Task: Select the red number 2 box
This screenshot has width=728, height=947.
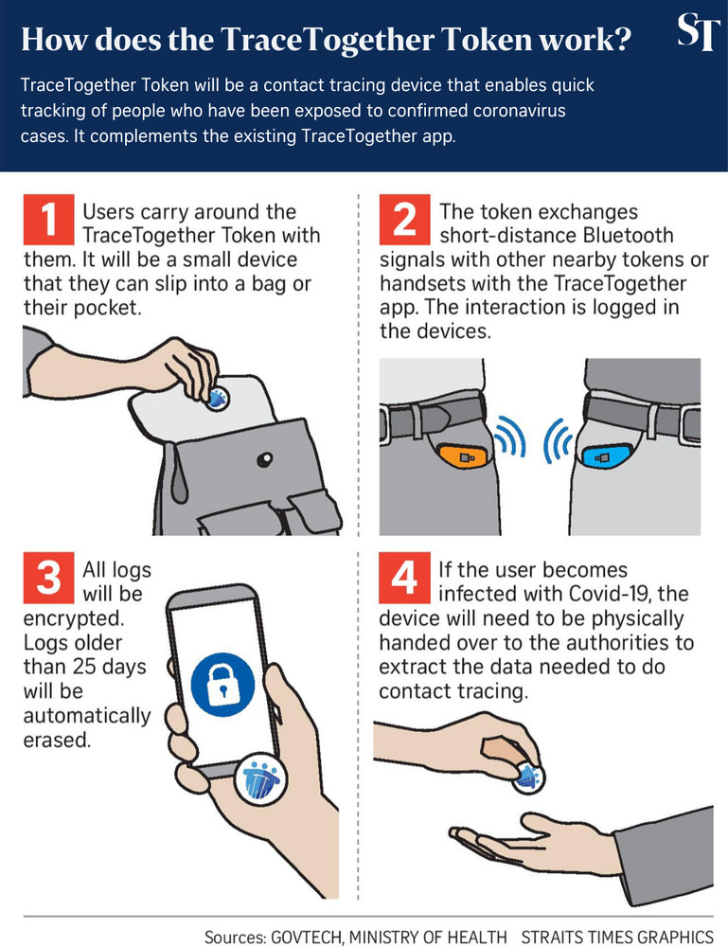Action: [404, 218]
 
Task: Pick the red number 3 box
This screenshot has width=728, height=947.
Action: [48, 578]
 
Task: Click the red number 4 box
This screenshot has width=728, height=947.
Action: [404, 578]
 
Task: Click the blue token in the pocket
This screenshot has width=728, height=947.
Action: [604, 457]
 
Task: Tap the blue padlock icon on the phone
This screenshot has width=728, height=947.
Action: [222, 685]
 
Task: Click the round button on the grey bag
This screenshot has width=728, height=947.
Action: [264, 460]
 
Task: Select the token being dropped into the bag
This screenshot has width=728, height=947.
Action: [218, 398]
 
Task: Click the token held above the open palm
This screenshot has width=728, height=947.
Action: [529, 777]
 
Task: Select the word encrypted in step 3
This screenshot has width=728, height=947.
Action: [73, 619]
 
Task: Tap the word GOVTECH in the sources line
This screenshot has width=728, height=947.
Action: [307, 937]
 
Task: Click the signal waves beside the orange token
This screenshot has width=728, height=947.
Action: [510, 436]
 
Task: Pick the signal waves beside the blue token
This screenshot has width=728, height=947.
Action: [559, 441]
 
